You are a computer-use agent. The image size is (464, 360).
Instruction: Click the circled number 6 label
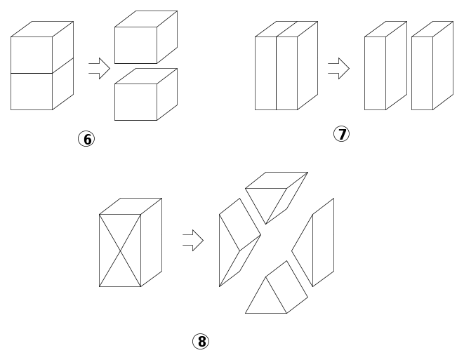(x=86, y=139)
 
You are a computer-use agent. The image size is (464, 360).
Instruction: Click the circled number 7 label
(x=341, y=134)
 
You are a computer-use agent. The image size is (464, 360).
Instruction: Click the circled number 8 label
(x=201, y=341)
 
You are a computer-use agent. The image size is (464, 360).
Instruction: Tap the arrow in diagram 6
(x=100, y=68)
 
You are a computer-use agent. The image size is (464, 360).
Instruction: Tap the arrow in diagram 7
(x=339, y=68)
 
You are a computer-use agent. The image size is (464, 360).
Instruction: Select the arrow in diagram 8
(x=193, y=240)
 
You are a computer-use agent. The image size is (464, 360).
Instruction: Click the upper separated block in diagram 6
(x=146, y=37)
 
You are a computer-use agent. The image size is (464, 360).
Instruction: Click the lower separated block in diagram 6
(x=146, y=94)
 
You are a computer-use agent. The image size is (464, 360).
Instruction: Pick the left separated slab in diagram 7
(x=385, y=66)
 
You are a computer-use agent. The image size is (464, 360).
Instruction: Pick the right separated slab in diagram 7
(x=432, y=66)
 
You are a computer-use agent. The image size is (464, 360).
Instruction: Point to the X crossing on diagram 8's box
(x=120, y=251)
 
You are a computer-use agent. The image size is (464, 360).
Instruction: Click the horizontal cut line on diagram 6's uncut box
(x=32, y=73)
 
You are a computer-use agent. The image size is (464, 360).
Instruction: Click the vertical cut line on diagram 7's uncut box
(x=277, y=74)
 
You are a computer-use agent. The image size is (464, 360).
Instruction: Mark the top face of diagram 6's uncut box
(x=42, y=29)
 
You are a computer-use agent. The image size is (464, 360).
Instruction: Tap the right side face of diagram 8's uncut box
(x=151, y=243)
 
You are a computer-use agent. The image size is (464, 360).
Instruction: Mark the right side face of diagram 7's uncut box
(x=307, y=66)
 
